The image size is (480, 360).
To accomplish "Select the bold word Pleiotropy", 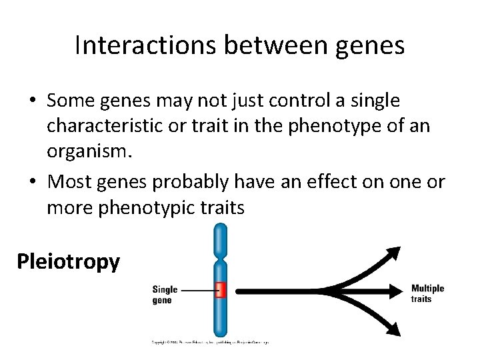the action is coord(68,261).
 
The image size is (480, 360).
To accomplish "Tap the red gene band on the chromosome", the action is coord(221,290).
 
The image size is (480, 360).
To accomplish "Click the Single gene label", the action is coord(165,295).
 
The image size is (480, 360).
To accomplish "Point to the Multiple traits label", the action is coord(427,293).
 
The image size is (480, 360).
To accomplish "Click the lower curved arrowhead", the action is coord(393,329).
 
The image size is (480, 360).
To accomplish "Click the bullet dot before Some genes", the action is coord(32,101).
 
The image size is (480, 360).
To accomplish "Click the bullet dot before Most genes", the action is coord(32,182).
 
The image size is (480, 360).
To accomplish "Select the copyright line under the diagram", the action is coord(209,342).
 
